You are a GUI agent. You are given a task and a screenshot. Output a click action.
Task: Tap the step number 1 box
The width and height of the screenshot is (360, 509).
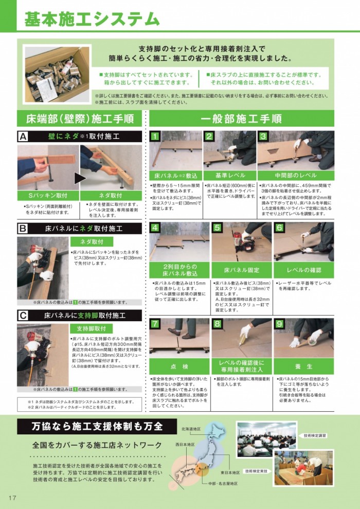(154, 136)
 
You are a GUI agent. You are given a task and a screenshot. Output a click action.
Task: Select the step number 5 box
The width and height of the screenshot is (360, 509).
(218, 227)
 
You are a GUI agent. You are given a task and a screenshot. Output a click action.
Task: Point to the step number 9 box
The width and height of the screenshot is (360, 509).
(279, 324)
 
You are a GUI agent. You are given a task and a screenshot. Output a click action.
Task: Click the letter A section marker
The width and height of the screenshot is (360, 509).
(23, 136)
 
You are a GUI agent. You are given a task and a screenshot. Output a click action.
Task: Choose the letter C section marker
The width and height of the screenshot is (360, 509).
(23, 315)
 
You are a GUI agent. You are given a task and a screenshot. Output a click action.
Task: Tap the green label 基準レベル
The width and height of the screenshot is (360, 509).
(229, 175)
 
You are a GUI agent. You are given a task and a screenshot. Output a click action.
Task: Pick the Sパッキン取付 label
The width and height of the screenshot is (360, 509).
(48, 196)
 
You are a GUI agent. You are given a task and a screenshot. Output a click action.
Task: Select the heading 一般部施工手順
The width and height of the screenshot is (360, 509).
(241, 119)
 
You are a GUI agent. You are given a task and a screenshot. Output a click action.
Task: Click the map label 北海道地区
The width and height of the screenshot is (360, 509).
(191, 428)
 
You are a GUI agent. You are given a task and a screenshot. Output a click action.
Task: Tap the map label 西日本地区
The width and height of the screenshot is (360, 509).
(185, 444)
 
